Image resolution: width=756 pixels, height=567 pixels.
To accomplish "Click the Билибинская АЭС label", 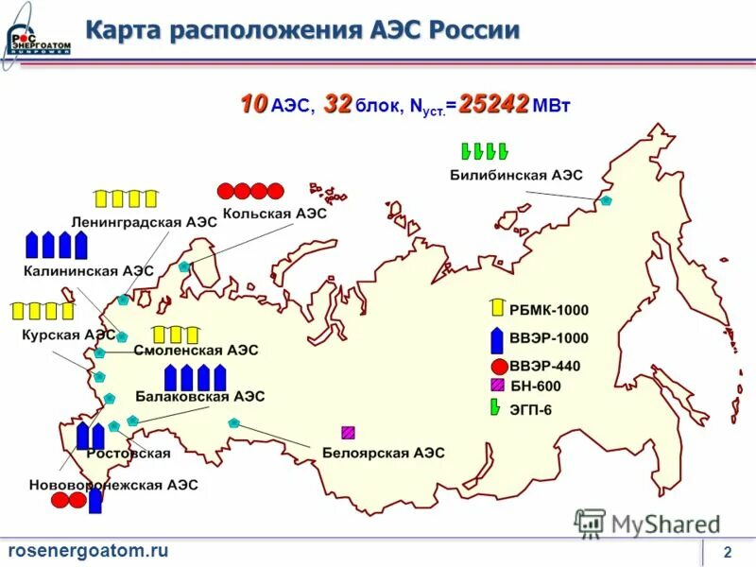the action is [516, 176].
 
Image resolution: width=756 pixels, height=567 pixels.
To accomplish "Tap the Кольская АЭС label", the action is [275, 215].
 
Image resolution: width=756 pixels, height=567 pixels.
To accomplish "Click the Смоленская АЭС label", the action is [196, 350].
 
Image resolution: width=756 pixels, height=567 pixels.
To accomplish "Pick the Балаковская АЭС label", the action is [199, 396].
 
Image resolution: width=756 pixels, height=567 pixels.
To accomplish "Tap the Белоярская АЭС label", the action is [383, 454].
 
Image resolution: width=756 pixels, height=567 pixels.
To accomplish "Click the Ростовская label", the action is [129, 454].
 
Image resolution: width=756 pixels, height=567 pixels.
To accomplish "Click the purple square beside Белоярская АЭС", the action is [349, 433].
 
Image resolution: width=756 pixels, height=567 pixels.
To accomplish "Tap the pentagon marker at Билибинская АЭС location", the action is [607, 201].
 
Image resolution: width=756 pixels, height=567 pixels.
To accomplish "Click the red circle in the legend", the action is [498, 367].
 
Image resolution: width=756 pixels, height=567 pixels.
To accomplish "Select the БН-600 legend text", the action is [535, 386].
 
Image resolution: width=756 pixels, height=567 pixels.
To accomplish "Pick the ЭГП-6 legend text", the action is [531, 409].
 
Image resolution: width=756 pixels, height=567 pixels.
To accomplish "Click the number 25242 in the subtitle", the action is [493, 105].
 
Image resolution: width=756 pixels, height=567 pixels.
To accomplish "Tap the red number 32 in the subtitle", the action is [337, 105].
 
